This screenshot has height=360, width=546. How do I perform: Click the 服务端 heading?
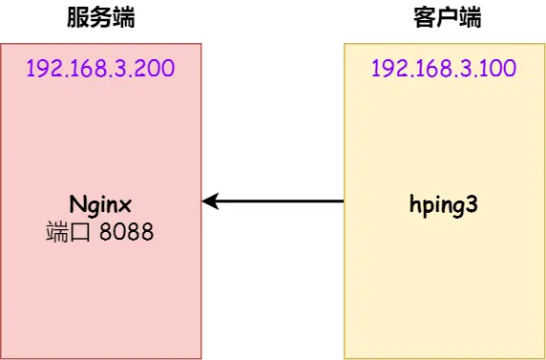click(100, 18)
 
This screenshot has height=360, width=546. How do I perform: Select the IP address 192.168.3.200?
click(100, 69)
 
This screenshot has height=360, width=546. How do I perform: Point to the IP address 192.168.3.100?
click(444, 69)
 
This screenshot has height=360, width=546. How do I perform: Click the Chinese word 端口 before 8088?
click(65, 231)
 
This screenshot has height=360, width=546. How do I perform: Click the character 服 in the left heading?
click(78, 18)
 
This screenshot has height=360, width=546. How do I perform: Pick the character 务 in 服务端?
click(100, 18)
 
